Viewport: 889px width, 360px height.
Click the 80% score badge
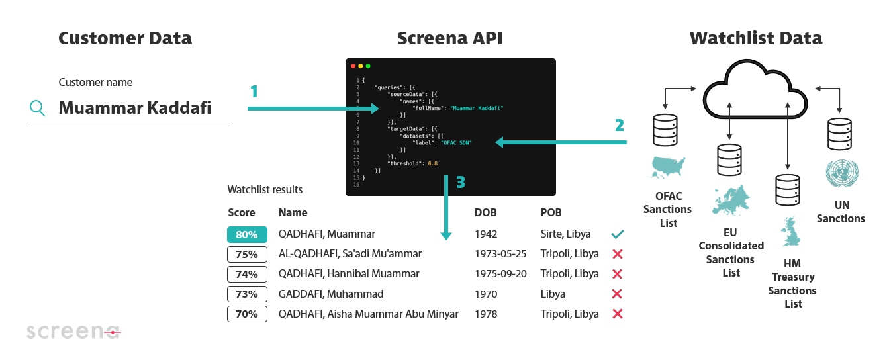tap(247, 234)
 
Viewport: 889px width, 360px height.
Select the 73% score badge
tap(247, 294)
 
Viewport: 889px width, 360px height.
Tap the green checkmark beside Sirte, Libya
tap(618, 234)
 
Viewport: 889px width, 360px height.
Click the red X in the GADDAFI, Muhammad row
tap(618, 294)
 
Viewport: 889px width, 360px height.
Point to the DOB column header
tap(485, 213)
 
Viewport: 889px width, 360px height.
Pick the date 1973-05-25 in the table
tap(500, 254)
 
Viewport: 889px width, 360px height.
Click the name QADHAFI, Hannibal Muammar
tap(349, 274)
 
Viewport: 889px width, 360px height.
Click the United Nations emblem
tap(841, 173)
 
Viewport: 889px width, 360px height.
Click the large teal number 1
tap(254, 91)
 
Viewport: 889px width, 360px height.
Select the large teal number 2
tap(619, 125)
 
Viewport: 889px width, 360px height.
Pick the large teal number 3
tap(461, 183)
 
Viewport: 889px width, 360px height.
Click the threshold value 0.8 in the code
tap(433, 163)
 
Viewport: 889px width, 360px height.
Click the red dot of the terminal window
tap(353, 66)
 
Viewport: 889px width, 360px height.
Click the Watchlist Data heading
tap(755, 38)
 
